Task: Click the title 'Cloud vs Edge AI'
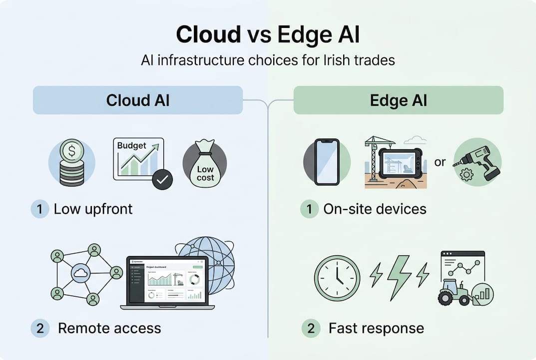pyautogui.click(x=268, y=35)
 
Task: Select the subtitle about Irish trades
pyautogui.click(x=268, y=60)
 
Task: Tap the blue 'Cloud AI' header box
pyautogui.click(x=138, y=100)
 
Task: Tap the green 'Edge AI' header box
pyautogui.click(x=398, y=100)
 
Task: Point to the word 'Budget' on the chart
pyautogui.click(x=131, y=146)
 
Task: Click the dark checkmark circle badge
pyautogui.click(x=161, y=179)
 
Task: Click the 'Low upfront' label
pyautogui.click(x=93, y=208)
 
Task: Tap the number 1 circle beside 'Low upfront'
pyautogui.click(x=39, y=208)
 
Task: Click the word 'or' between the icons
pyautogui.click(x=440, y=163)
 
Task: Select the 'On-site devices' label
pyautogui.click(x=375, y=208)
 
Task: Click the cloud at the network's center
pyautogui.click(x=80, y=273)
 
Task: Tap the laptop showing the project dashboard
pyautogui.click(x=167, y=282)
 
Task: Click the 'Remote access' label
pyautogui.click(x=109, y=328)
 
